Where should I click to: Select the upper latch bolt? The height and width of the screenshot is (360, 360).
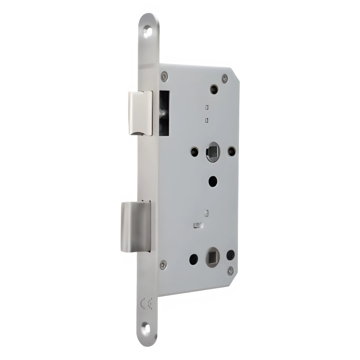pyautogui.click(x=140, y=113)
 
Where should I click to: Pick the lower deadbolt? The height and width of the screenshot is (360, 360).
pyautogui.click(x=136, y=226)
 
